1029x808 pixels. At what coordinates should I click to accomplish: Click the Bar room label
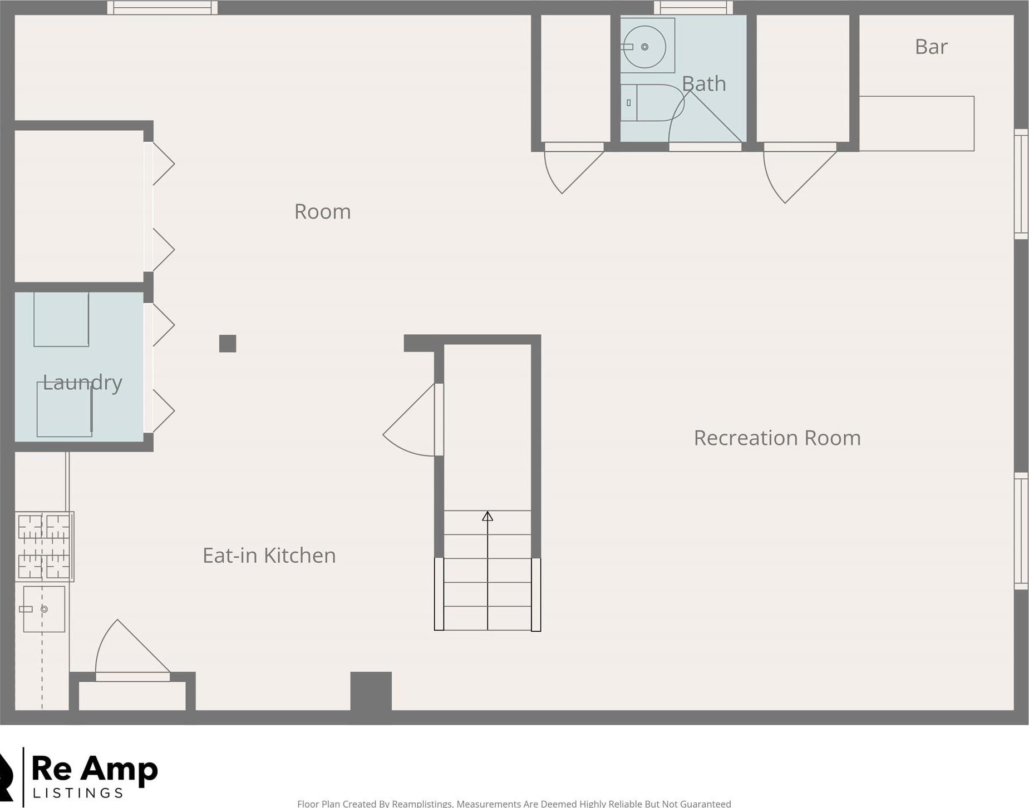point(930,47)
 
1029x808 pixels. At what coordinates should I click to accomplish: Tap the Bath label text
point(703,84)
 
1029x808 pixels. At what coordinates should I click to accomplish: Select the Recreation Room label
point(777,438)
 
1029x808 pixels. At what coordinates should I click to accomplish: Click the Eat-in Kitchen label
point(269,555)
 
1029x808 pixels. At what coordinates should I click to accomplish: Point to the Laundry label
point(82,383)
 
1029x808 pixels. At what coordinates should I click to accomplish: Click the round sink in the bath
point(644,47)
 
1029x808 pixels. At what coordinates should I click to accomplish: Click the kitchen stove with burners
point(44,546)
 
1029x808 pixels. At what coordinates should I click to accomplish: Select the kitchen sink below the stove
point(44,609)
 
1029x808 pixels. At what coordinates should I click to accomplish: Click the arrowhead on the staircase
point(488,516)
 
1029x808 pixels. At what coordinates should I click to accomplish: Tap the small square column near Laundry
point(228,344)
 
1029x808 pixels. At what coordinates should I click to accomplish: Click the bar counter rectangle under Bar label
point(916,123)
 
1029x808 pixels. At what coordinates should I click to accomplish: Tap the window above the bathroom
point(693,8)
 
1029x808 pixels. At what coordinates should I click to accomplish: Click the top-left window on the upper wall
point(162,8)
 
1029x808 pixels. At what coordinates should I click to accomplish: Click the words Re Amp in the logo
point(95,770)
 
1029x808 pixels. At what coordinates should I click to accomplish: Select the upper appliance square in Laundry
point(61,319)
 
